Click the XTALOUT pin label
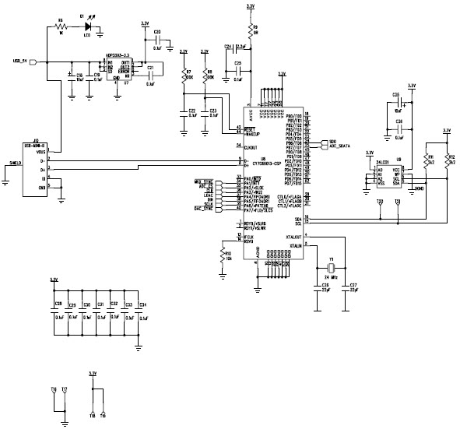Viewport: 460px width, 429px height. coord(293,235)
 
